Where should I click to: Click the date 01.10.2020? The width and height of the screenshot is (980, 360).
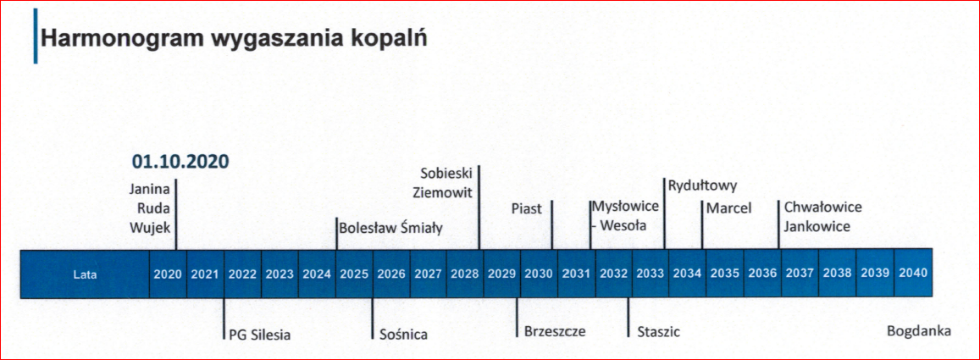point(180,161)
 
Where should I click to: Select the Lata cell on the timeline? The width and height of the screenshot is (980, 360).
point(85,274)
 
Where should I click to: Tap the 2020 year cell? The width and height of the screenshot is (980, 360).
point(168,274)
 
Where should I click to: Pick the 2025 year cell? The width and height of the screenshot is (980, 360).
point(354,274)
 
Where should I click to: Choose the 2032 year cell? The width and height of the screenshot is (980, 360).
point(614,274)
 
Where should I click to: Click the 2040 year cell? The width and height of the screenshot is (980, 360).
point(913,274)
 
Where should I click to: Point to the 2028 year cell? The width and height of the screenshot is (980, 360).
point(465,274)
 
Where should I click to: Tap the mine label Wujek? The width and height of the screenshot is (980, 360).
point(151,229)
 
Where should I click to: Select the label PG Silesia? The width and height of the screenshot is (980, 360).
point(260,335)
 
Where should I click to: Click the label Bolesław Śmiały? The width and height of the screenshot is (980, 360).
point(390,228)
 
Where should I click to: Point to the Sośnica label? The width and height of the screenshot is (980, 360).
point(404,335)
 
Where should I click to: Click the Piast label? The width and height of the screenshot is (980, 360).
point(526,208)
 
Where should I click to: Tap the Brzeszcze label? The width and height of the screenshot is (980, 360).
point(555,332)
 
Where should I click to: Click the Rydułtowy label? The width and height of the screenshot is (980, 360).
point(703,186)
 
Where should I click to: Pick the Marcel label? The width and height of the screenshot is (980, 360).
point(728,208)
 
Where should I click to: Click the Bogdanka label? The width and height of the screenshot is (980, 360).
point(919,331)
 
